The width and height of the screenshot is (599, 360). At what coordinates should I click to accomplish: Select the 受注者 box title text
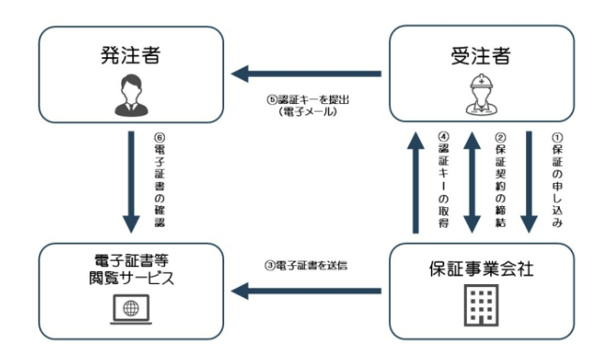480,54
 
